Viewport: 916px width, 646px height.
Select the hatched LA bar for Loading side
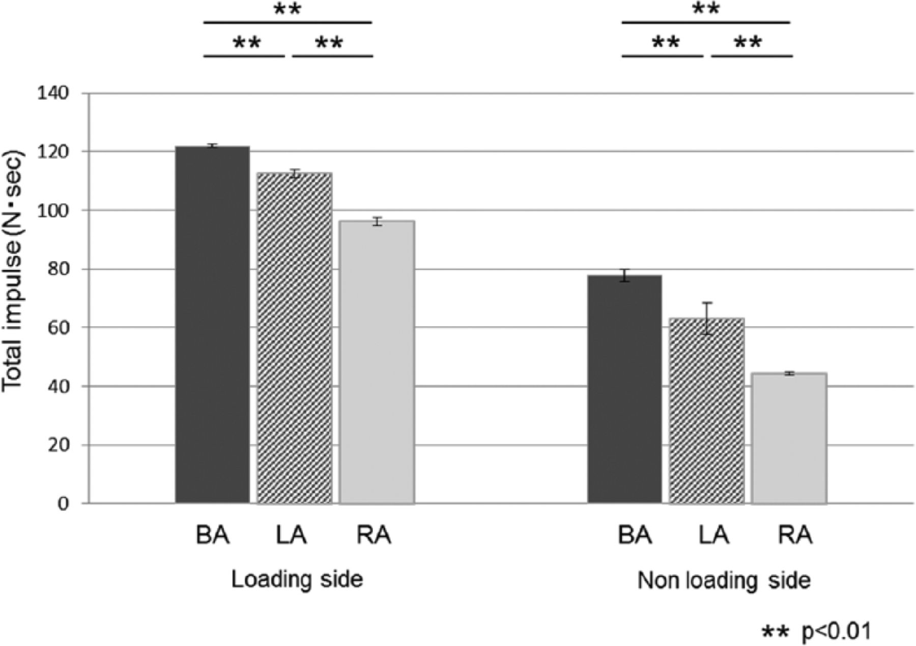(295, 338)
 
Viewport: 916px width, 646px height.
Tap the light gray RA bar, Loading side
(377, 362)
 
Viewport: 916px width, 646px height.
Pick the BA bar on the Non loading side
(624, 389)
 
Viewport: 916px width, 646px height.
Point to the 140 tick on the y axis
(53, 93)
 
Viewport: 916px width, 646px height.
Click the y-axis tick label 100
(53, 210)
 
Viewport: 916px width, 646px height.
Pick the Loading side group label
(297, 580)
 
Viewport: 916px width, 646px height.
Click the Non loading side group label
(724, 581)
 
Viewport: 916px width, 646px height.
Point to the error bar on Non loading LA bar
(707, 318)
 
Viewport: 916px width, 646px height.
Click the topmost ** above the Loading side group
(288, 10)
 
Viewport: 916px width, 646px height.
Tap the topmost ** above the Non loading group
(706, 10)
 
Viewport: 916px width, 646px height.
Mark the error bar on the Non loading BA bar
(625, 275)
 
